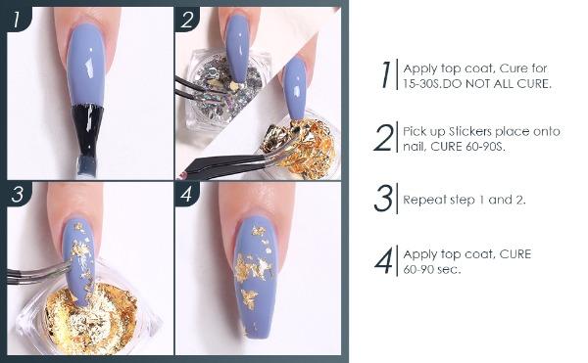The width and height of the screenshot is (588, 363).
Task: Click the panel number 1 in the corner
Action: (x=16, y=20)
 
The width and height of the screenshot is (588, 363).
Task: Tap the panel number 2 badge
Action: (x=187, y=20)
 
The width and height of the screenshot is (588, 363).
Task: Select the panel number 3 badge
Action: (x=18, y=194)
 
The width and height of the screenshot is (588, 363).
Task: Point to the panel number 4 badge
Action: (x=187, y=194)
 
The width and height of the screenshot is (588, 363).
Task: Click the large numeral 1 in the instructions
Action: (x=386, y=75)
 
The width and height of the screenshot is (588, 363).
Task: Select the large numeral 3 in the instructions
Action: (x=383, y=199)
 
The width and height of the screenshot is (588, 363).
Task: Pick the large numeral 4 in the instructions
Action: (x=384, y=260)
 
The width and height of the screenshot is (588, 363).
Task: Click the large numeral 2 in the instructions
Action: (x=383, y=137)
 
